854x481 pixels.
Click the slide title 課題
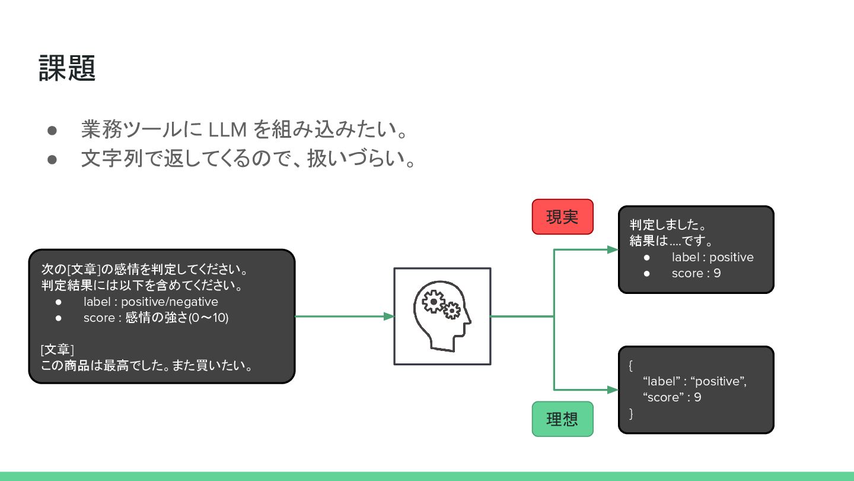(x=67, y=68)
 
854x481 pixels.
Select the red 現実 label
(x=562, y=217)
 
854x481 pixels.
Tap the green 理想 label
(x=562, y=419)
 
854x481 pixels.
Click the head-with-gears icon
(x=442, y=316)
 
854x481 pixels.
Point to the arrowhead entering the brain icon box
(x=389, y=317)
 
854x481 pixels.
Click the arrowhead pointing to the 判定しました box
(x=613, y=249)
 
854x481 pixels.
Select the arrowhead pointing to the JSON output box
(x=613, y=390)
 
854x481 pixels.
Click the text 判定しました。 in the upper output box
(x=667, y=226)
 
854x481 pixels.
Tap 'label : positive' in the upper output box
(x=712, y=257)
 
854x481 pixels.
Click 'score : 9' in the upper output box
(x=696, y=273)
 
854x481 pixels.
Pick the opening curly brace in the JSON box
(x=631, y=365)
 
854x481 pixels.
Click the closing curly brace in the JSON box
(x=631, y=413)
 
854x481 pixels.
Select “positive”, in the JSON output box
(x=718, y=381)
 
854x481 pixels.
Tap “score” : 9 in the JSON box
(x=672, y=397)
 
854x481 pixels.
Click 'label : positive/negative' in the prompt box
(x=151, y=302)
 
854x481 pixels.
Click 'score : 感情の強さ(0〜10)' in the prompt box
(x=155, y=318)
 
